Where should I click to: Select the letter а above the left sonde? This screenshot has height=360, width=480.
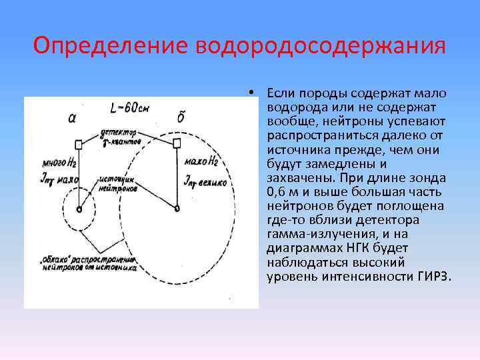pyautogui.click(x=73, y=119)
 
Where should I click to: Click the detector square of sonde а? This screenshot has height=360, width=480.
pyautogui.click(x=79, y=145)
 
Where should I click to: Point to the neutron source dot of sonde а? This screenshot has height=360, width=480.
pyautogui.click(x=79, y=209)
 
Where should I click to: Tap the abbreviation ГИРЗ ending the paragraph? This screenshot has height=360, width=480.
pyautogui.click(x=434, y=275)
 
